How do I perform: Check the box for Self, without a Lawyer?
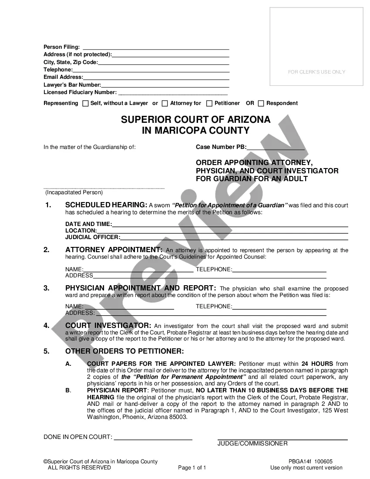click(x=85, y=104)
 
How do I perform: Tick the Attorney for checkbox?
click(x=165, y=104)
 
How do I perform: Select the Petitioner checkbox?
click(x=209, y=104)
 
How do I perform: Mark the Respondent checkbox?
click(x=261, y=104)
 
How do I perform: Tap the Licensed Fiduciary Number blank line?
click(x=173, y=93)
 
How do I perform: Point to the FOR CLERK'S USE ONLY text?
click(x=316, y=72)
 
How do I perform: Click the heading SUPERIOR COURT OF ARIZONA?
click(x=195, y=120)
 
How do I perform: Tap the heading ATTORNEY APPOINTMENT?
click(x=114, y=250)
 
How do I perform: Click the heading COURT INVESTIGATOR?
click(x=108, y=326)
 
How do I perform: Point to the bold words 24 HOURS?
click(x=317, y=364)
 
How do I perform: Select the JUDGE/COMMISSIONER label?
click(x=252, y=443)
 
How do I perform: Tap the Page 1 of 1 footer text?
click(x=192, y=468)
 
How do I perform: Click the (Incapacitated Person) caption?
click(x=74, y=192)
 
